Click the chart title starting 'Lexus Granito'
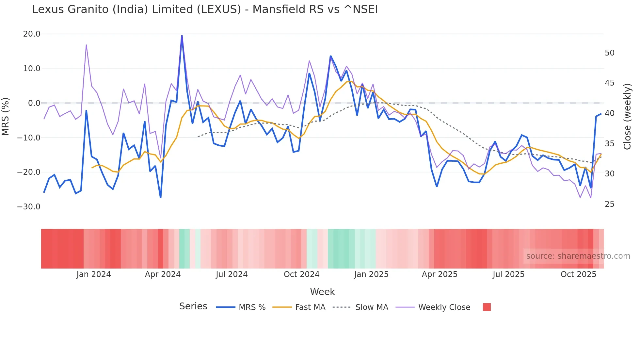tap(205, 9)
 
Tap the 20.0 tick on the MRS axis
tap(32, 34)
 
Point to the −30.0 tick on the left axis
tap(29, 207)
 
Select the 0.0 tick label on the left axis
tap(34, 103)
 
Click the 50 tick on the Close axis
tap(609, 53)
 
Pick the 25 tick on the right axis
tap(609, 204)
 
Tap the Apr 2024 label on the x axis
tap(163, 274)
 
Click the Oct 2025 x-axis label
tap(578, 274)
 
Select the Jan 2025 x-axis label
tap(371, 274)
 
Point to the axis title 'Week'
tap(322, 292)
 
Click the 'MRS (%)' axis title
tap(6, 117)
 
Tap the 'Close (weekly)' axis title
tap(627, 117)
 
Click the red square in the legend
tap(487, 307)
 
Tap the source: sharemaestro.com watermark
tap(578, 256)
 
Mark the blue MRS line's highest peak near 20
tap(182, 36)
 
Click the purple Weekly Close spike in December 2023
tap(86, 45)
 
